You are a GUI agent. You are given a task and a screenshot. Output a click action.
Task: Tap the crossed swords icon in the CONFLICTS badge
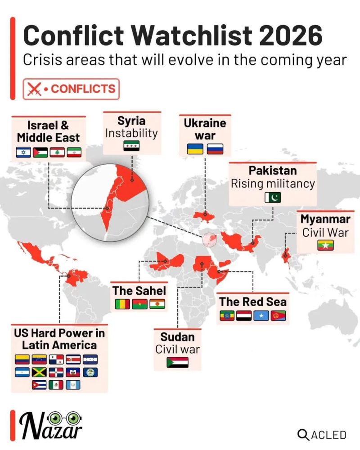(x=34, y=89)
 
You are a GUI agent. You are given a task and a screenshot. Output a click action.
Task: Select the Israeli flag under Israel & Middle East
(x=23, y=152)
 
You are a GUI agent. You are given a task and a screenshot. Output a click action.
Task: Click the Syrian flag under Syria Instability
(x=131, y=146)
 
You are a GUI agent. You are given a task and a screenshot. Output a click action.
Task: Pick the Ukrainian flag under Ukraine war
(x=195, y=149)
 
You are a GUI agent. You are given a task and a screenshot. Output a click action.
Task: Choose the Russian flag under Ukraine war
(x=215, y=149)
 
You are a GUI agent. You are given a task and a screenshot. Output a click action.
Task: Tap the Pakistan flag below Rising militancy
(x=273, y=198)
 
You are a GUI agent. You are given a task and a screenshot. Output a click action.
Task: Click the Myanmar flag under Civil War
(x=325, y=245)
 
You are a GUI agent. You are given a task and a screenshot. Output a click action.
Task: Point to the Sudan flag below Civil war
(x=177, y=362)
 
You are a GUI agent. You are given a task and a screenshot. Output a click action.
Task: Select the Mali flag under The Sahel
(x=122, y=305)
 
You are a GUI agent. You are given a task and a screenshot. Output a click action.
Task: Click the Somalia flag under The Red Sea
(x=261, y=315)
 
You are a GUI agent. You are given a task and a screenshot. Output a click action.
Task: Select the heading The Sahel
(x=139, y=291)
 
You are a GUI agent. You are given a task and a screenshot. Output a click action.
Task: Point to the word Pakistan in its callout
(x=273, y=171)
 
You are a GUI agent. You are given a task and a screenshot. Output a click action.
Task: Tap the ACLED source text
(x=323, y=435)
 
